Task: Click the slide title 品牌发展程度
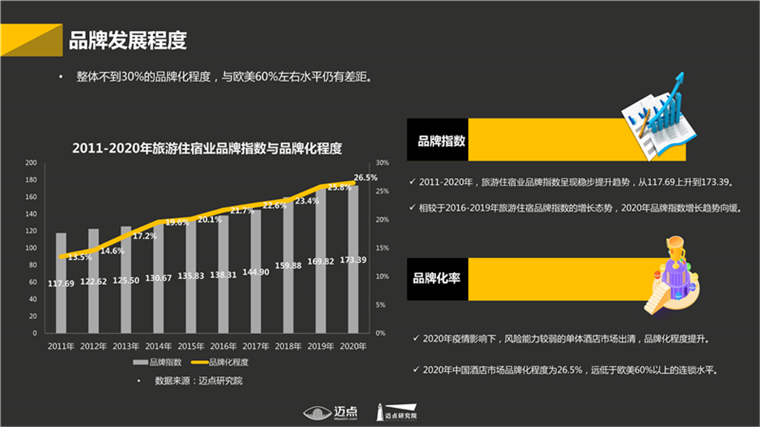tap(128, 40)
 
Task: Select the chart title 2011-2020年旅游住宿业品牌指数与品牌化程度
tap(207, 147)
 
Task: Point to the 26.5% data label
tap(366, 177)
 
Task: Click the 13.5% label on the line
tap(80, 258)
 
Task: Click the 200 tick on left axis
tap(31, 163)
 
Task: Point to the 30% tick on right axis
tap(382, 163)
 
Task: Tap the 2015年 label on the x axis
tap(191, 346)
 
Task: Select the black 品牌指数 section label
tap(437, 140)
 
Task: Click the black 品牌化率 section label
tap(437, 278)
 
